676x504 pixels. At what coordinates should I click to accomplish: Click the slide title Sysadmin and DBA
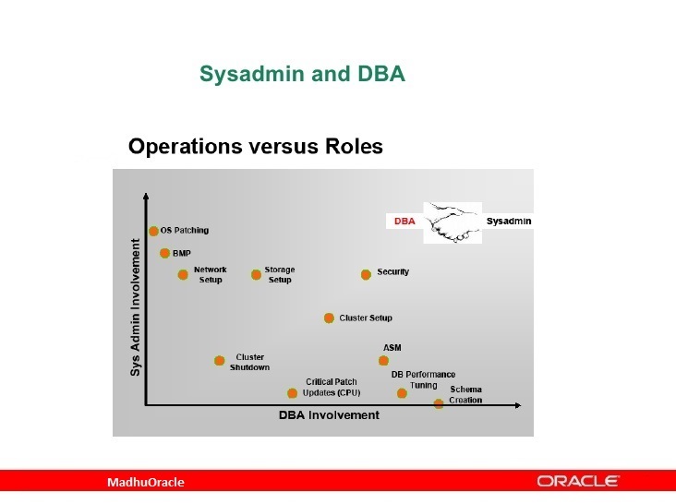[302, 75]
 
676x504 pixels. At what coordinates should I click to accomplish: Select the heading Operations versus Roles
[255, 146]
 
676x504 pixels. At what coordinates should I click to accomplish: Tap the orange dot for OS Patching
[153, 231]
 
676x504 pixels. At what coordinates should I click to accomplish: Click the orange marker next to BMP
[164, 253]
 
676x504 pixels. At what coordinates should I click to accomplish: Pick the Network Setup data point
[183, 274]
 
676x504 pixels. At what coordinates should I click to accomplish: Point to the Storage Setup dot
[256, 274]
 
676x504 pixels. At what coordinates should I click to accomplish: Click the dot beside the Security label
[366, 274]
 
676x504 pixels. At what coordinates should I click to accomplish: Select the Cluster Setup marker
[329, 318]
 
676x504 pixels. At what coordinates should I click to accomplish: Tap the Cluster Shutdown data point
[219, 361]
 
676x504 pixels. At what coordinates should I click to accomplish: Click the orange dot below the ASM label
[383, 361]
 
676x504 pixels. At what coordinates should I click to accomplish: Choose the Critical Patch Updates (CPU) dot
[292, 393]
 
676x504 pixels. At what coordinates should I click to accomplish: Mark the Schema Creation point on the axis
[439, 404]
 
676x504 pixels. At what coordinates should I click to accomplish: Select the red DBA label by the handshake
[404, 222]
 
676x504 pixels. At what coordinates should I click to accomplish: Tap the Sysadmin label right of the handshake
[509, 222]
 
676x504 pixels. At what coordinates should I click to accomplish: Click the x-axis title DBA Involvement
[329, 415]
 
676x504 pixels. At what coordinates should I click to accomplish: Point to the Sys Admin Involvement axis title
[135, 306]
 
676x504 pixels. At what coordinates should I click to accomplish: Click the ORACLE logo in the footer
[578, 481]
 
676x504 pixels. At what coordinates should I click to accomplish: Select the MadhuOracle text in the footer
[146, 483]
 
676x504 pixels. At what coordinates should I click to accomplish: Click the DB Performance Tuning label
[423, 379]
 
